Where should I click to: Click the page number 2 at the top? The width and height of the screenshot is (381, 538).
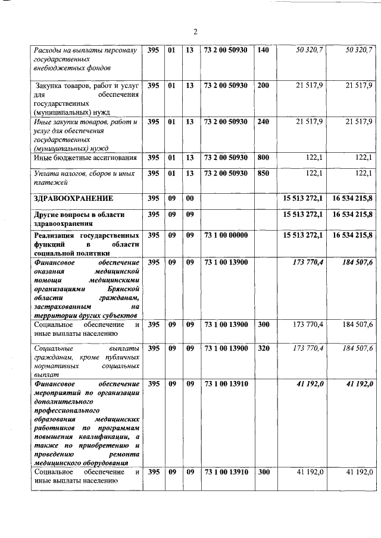pyautogui.click(x=195, y=32)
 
